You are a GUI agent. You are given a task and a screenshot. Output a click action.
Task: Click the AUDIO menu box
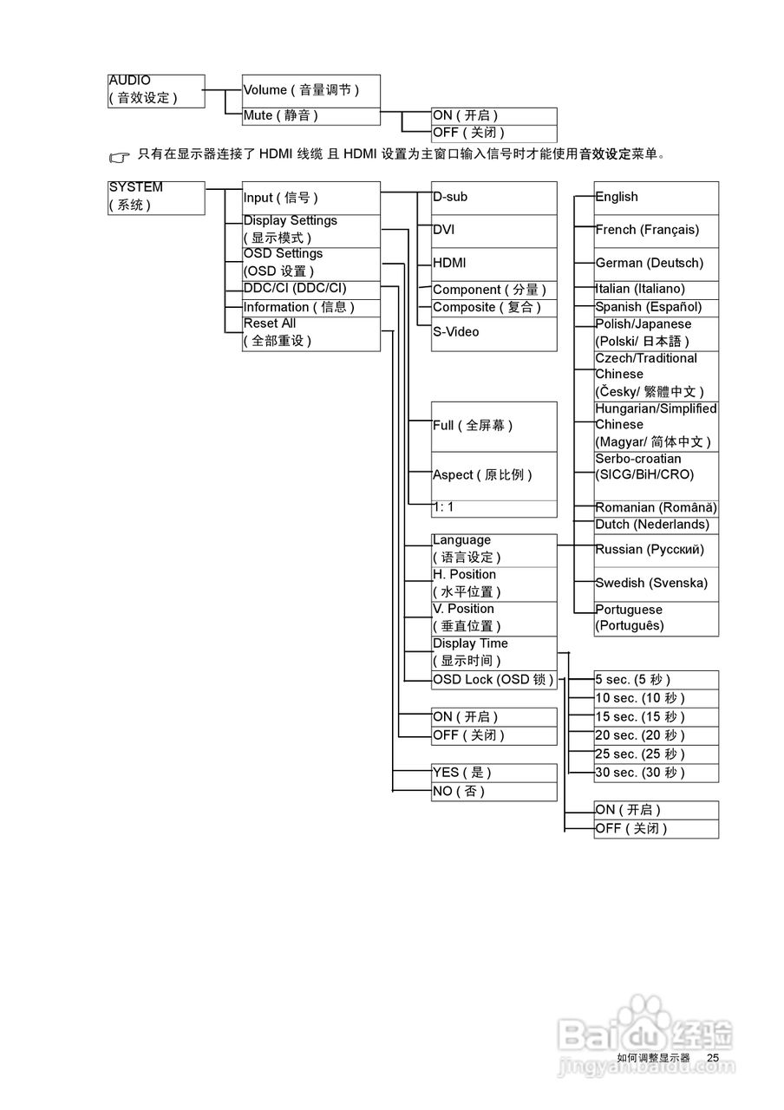click(156, 90)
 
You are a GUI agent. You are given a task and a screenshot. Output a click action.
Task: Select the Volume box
click(310, 90)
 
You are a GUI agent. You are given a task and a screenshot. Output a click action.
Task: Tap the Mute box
click(310, 116)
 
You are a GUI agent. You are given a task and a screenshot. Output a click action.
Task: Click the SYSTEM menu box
click(156, 197)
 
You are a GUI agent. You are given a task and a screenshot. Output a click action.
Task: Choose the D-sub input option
click(493, 197)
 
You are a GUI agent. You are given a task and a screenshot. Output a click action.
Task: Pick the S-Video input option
click(493, 333)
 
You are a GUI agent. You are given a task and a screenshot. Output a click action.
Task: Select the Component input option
click(493, 290)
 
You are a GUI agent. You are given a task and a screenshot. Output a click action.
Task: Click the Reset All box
click(310, 333)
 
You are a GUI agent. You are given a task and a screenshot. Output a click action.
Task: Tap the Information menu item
click(310, 307)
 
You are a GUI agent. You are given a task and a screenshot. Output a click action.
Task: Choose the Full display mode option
click(493, 426)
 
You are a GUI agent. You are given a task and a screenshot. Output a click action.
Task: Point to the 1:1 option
click(493, 508)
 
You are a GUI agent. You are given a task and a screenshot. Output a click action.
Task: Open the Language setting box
click(493, 550)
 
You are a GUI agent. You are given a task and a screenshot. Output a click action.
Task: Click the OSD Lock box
click(493, 680)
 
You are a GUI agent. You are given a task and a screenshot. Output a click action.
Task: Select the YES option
click(493, 773)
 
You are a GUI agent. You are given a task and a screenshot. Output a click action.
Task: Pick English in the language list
click(656, 197)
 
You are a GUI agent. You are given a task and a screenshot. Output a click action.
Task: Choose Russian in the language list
click(656, 550)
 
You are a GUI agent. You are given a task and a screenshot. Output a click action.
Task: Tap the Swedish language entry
click(656, 584)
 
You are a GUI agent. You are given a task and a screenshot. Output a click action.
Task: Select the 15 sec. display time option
click(656, 717)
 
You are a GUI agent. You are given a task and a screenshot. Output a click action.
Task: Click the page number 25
click(713, 1058)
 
